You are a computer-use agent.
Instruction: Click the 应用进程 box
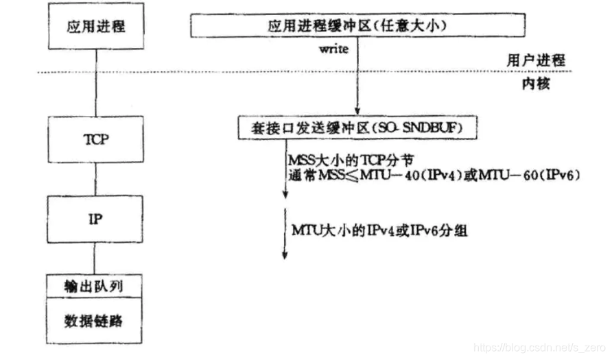[96, 27]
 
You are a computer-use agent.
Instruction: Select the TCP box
[96, 136]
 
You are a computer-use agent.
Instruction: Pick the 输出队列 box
[96, 284]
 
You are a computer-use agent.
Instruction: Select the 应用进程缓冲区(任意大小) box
[357, 26]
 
